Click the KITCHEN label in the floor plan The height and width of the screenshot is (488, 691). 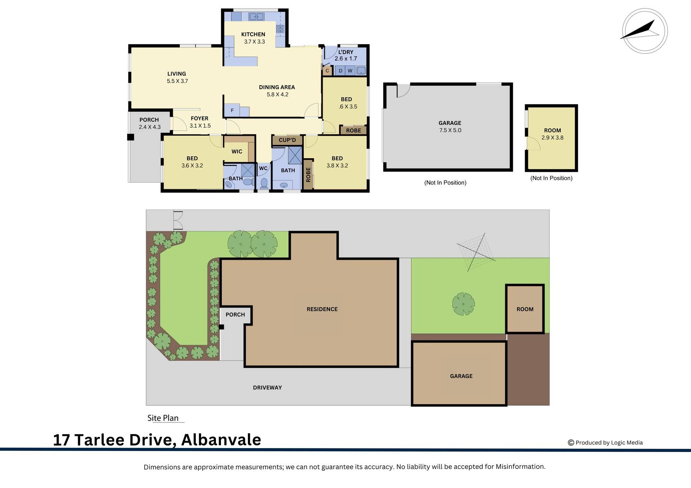pyautogui.click(x=253, y=35)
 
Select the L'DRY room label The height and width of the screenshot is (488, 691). pyautogui.click(x=345, y=52)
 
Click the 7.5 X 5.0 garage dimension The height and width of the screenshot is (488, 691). pyautogui.click(x=450, y=130)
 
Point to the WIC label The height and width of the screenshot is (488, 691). pyautogui.click(x=236, y=151)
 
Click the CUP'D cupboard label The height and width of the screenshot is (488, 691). pyautogui.click(x=287, y=140)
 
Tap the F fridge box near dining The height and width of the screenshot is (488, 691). pyautogui.click(x=232, y=110)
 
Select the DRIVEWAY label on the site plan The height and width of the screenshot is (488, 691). pyautogui.click(x=267, y=387)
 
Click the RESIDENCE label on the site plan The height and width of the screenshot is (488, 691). pyautogui.click(x=322, y=309)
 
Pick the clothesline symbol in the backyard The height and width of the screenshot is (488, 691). pyautogui.click(x=476, y=251)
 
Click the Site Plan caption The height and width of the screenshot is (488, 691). pyautogui.click(x=163, y=418)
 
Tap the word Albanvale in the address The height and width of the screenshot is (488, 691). pyautogui.click(x=221, y=440)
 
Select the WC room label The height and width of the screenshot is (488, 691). pyautogui.click(x=263, y=168)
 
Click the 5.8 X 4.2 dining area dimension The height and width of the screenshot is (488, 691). pyautogui.click(x=277, y=95)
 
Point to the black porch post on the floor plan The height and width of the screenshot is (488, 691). pyautogui.click(x=131, y=137)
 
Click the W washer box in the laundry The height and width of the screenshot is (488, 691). pyautogui.click(x=350, y=71)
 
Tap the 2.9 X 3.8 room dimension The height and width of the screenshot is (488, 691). pyautogui.click(x=552, y=137)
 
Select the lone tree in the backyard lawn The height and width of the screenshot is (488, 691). pyautogui.click(x=463, y=304)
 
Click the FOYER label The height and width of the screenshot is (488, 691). pyautogui.click(x=199, y=118)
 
